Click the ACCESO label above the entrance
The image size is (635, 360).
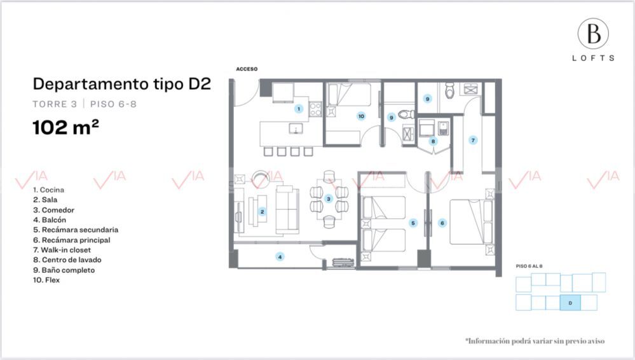tap(247, 69)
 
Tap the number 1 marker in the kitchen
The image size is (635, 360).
tap(299, 109)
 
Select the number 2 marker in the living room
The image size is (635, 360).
tap(262, 212)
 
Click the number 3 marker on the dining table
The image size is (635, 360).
tap(329, 199)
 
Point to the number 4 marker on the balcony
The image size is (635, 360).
tap(280, 256)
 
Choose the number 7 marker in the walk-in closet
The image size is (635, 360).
tap(473, 141)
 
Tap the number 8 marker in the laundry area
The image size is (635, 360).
tap(433, 141)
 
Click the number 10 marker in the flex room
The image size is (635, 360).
tap(361, 116)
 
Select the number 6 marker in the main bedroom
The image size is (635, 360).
tap(442, 223)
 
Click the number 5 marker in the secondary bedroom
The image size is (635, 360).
tap(413, 223)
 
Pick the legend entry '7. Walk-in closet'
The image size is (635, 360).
tap(62, 250)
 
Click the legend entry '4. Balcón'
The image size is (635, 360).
tap(50, 219)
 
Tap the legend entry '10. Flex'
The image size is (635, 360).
tap(46, 280)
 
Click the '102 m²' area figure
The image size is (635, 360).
tap(65, 127)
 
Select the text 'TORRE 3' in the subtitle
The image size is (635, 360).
tap(55, 104)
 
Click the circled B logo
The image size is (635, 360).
tap(593, 34)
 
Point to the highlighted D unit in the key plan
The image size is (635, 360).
tap(570, 303)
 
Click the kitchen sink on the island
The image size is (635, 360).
tap(296, 128)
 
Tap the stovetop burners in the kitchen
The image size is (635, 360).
tap(315, 109)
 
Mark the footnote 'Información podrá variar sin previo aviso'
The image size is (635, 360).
tap(535, 341)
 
